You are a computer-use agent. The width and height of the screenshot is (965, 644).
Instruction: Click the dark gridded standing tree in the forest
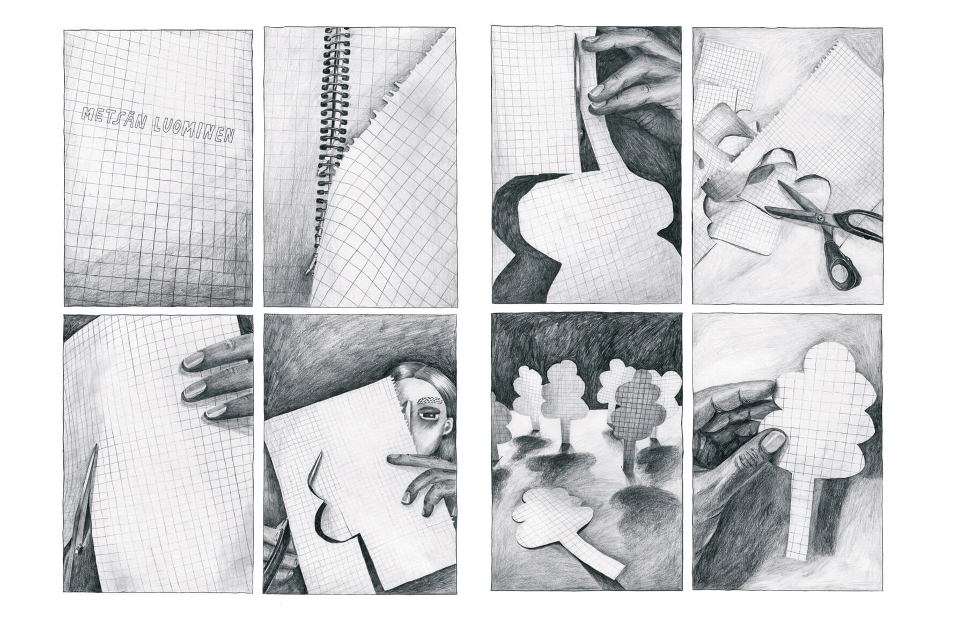tap(638, 413)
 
